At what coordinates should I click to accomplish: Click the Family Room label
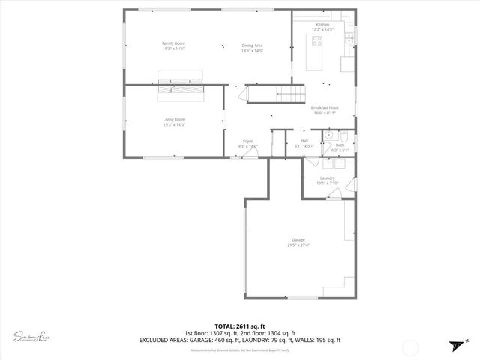coord(174,43)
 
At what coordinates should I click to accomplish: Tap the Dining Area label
coord(252,46)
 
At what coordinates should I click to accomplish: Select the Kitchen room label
coord(322,25)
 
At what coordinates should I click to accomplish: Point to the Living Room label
coord(174,119)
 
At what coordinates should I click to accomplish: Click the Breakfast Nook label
coord(325,107)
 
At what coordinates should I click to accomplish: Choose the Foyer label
coord(247,141)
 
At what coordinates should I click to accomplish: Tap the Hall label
coord(304,140)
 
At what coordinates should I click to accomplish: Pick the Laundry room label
coord(327,178)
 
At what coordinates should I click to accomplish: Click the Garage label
coord(298,240)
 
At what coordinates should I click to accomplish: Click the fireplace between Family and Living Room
coord(179,83)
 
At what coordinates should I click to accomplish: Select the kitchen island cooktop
coord(316,41)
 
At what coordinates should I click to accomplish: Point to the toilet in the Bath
coord(342,136)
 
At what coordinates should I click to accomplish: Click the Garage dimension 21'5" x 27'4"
coord(298,245)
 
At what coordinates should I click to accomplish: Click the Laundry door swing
coord(333,193)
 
